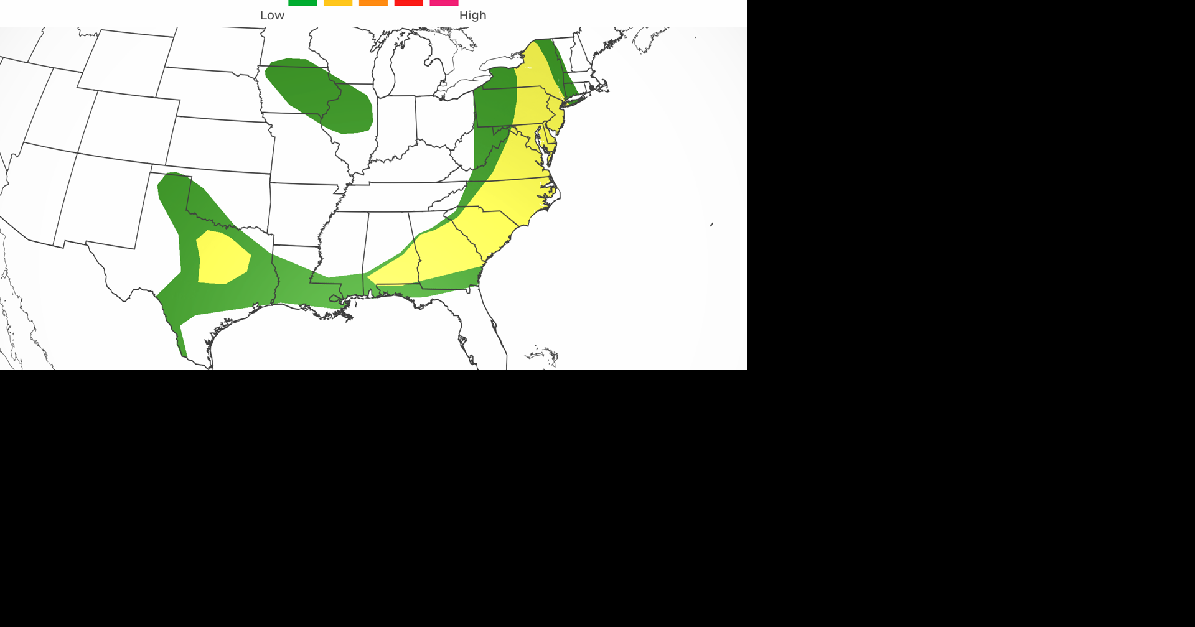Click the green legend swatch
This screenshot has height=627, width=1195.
click(302, 2)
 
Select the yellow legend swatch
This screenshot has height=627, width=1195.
click(338, 2)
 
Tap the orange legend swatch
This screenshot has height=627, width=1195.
click(373, 2)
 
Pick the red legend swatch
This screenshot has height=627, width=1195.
click(409, 2)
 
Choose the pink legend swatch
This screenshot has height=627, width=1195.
click(444, 2)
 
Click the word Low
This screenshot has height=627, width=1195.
click(272, 16)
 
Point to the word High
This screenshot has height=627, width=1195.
click(472, 16)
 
